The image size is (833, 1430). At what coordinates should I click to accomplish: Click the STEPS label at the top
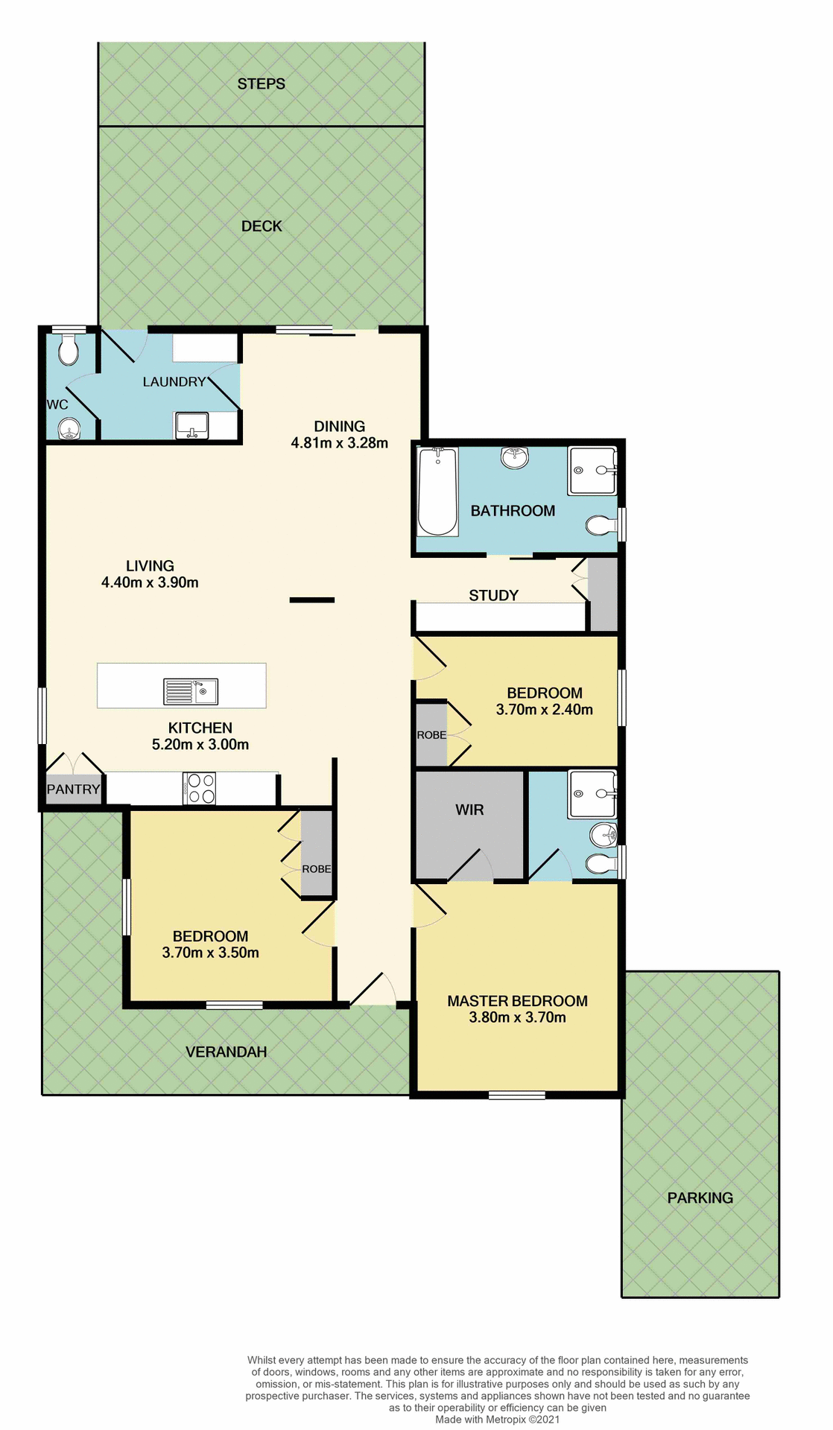(x=261, y=84)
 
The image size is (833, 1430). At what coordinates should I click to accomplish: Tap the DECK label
(x=262, y=226)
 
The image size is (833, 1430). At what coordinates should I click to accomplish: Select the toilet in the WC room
(x=69, y=349)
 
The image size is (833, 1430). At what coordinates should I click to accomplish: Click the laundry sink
(x=192, y=426)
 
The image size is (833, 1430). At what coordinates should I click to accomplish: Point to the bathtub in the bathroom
(x=437, y=492)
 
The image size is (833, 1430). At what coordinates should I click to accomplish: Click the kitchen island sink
(x=191, y=692)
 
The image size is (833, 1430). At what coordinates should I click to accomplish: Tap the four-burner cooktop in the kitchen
(x=200, y=789)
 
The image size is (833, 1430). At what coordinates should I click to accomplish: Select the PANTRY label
(x=73, y=789)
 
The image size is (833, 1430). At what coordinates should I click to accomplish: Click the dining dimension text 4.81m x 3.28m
(x=339, y=443)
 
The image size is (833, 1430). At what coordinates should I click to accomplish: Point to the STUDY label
(x=493, y=595)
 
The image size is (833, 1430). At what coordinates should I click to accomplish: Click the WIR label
(x=469, y=810)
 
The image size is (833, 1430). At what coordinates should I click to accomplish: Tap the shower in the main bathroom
(x=592, y=471)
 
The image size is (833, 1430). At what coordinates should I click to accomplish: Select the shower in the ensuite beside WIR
(x=592, y=795)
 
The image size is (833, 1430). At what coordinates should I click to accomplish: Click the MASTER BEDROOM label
(x=517, y=1001)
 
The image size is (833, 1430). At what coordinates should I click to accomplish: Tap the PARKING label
(x=700, y=1198)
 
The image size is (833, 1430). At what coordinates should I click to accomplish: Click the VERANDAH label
(x=226, y=1052)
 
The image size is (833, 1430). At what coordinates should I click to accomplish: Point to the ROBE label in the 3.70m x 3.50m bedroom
(x=316, y=869)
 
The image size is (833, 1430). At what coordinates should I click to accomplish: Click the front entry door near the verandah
(x=373, y=991)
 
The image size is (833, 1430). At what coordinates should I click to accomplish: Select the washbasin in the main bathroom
(x=514, y=457)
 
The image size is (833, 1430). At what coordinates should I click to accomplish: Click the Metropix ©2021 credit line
(x=497, y=1420)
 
